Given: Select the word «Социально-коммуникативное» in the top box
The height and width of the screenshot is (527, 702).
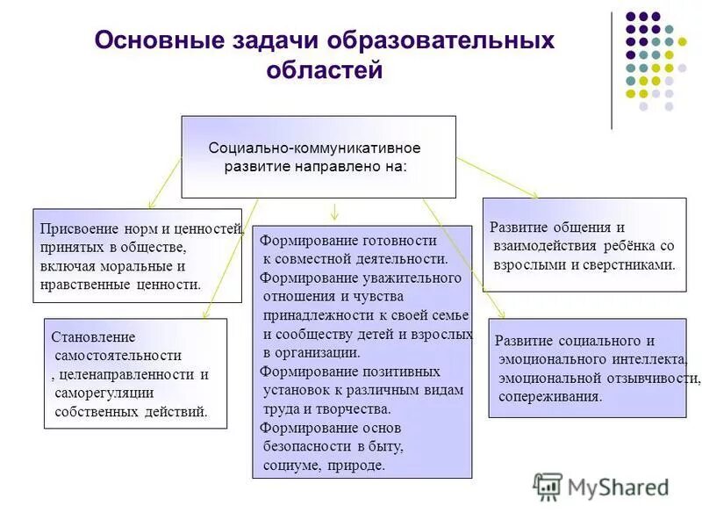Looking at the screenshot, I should click(x=314, y=147).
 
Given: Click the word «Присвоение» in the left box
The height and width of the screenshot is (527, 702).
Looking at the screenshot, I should click(x=75, y=229).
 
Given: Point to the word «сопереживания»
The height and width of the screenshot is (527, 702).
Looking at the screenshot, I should click(x=550, y=396).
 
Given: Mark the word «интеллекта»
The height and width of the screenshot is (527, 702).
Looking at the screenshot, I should click(x=645, y=360).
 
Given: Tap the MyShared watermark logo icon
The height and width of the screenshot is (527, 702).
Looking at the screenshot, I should click(x=548, y=487).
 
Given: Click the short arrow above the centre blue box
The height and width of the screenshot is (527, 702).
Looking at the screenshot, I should click(x=334, y=212).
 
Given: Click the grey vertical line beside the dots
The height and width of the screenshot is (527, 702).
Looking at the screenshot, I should click(x=612, y=70).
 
